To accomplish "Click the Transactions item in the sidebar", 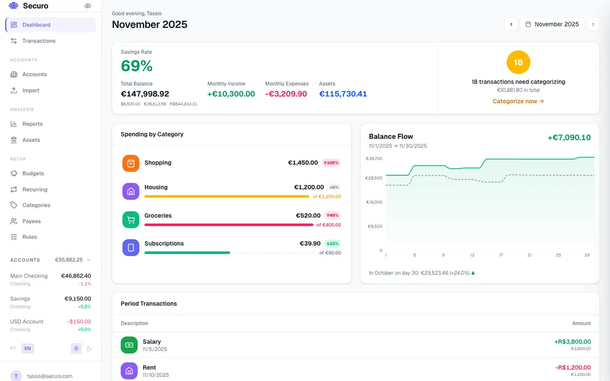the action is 39,41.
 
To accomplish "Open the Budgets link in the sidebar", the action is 33,173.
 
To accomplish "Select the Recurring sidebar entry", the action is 35,189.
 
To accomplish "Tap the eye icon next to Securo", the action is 87,6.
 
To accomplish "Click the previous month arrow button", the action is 511,24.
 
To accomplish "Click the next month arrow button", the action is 593,24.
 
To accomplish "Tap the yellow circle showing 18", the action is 518,62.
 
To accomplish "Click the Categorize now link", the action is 518,101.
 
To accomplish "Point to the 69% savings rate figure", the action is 137,66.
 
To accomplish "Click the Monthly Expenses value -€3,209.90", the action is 286,94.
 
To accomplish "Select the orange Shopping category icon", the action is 131,163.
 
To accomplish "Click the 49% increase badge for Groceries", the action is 332,215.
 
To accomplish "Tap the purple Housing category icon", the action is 131,191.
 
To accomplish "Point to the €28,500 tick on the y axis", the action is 374,178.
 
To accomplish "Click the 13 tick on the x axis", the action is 472,255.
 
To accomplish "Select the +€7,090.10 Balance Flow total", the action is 569,138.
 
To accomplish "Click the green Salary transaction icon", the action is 129,345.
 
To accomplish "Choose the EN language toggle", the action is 27,348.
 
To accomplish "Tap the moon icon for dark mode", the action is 89,348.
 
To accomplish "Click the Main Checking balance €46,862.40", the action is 76,276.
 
